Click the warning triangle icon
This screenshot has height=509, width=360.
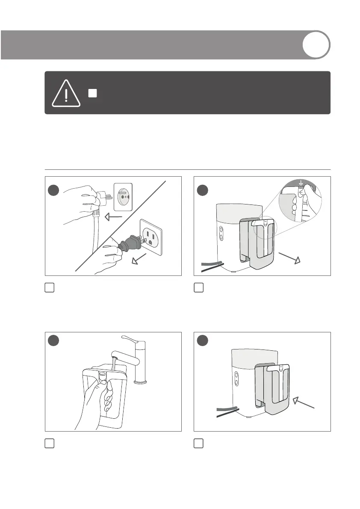66,93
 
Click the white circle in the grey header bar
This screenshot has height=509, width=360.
316,44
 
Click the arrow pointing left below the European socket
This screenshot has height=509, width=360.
114,217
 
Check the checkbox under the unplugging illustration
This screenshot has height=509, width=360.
50,288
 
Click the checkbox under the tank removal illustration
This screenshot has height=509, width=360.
198,288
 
